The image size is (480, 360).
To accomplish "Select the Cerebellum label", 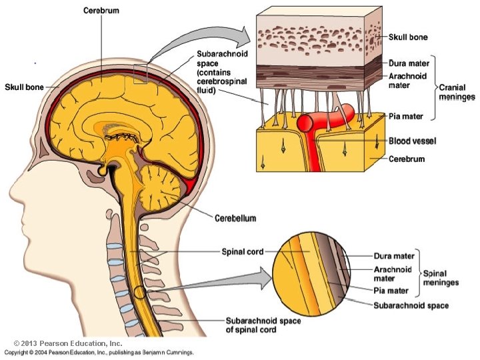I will tap(235, 217).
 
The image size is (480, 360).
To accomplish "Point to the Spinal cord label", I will tap(242, 252).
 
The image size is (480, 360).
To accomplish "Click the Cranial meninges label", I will tap(457, 92).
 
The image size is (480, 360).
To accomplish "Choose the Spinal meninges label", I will tap(441, 278).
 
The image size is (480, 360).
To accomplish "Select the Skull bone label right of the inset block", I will tap(409, 37).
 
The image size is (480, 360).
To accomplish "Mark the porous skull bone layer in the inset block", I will tap(320, 37).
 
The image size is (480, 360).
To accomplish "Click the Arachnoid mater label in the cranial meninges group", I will tap(408, 81).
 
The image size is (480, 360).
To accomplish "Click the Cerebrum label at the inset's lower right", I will tap(407, 159).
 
